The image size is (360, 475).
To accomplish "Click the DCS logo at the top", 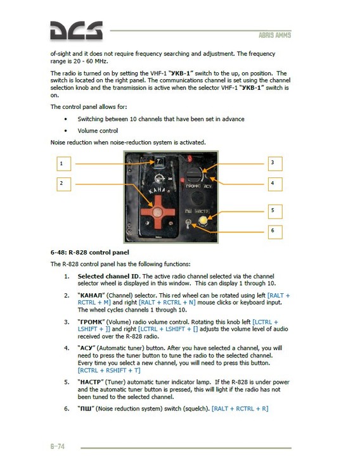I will coord(77,32).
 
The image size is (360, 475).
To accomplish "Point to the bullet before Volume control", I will coord(67,130).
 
